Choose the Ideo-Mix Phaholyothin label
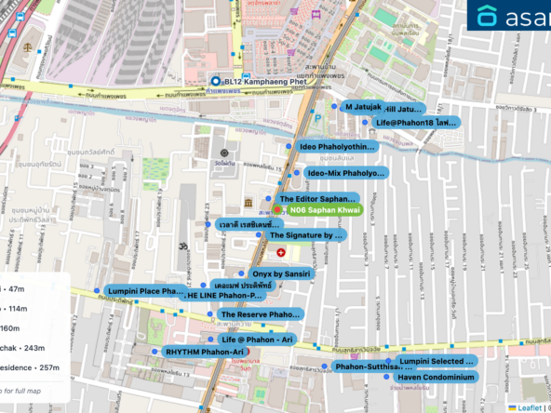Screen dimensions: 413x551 pos(345,173)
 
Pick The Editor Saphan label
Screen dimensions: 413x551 pos(317,199)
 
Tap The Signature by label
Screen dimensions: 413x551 pos(306,236)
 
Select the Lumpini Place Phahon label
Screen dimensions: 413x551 pos(145,291)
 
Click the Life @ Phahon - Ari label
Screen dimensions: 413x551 pos(258,340)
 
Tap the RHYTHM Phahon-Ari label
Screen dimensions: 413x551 pos(203,353)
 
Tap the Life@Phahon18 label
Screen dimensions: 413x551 pos(415,123)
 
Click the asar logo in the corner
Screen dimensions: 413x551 pos(508,17)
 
